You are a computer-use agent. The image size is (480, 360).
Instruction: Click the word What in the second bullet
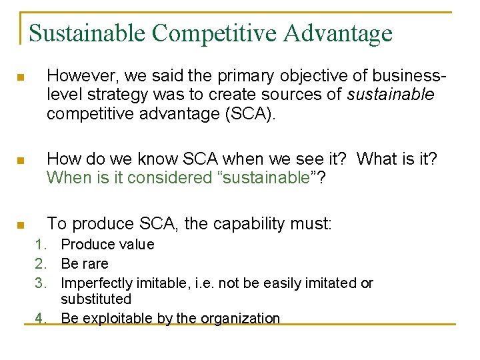click(379, 159)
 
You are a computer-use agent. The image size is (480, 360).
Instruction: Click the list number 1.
click(41, 245)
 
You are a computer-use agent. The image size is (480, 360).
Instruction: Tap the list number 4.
click(41, 319)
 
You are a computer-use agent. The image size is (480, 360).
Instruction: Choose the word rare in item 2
click(96, 264)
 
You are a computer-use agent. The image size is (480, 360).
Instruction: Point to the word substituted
click(96, 300)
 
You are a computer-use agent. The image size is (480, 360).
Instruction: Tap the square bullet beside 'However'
click(21, 78)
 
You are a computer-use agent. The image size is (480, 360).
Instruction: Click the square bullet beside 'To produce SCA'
click(21, 225)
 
